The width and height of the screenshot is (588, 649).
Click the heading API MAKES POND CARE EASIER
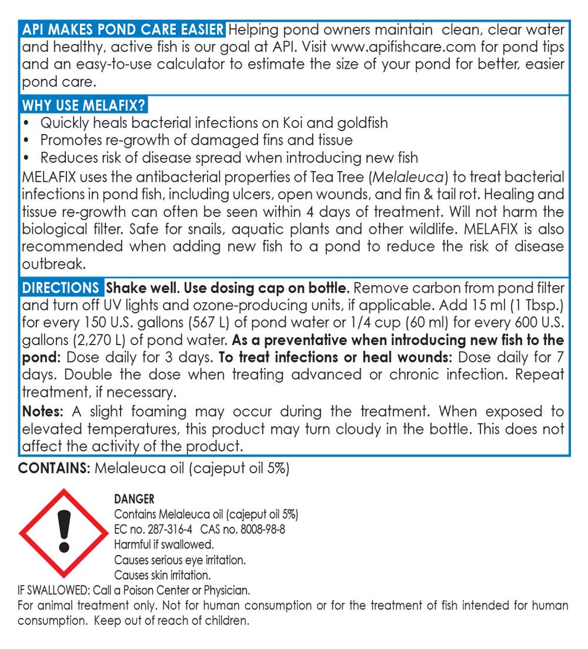[123, 30]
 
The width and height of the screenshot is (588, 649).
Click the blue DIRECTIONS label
[61, 289]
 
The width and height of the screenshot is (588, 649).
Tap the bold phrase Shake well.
[141, 289]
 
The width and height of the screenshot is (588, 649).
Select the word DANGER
[134, 500]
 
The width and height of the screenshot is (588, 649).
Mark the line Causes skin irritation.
[162, 574]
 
